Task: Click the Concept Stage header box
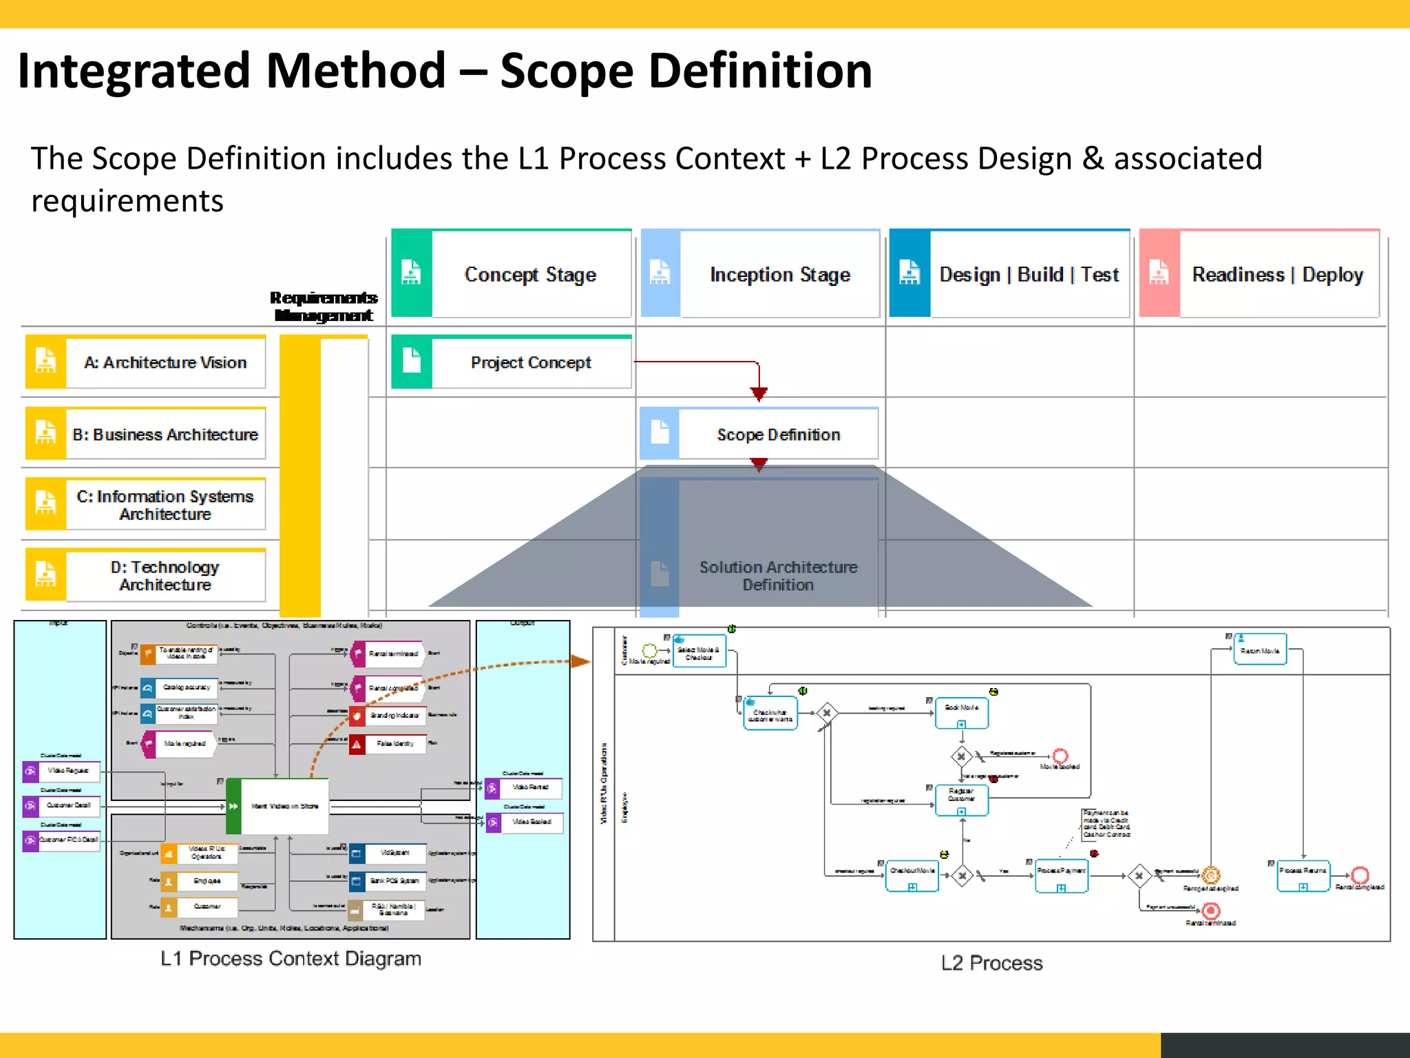tap(512, 274)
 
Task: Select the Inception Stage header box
tap(760, 274)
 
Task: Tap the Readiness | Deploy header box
tap(1259, 274)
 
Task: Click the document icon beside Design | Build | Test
tap(909, 273)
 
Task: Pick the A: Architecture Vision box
tap(145, 362)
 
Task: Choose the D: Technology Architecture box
tap(145, 575)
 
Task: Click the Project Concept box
tap(512, 362)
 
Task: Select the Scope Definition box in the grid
tap(759, 435)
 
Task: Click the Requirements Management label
tap(324, 307)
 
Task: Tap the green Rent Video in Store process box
tap(277, 806)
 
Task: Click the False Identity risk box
tap(388, 744)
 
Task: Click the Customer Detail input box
tap(61, 805)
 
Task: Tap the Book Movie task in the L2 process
tap(961, 712)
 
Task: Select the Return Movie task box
tap(1260, 650)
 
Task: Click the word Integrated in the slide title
tap(135, 71)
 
